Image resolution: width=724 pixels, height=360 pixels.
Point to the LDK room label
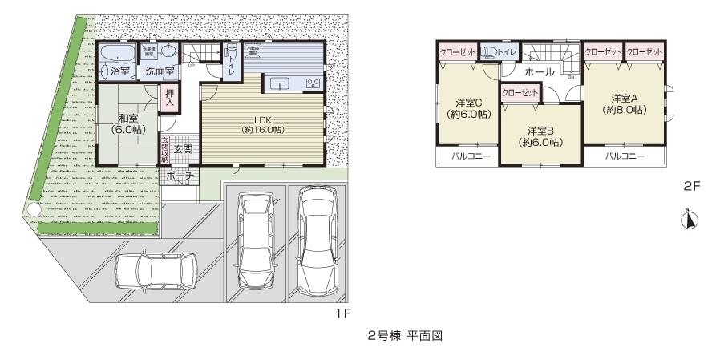[x=264, y=124]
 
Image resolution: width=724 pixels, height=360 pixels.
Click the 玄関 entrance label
[x=183, y=149]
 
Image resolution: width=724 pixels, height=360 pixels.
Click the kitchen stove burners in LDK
[x=312, y=83]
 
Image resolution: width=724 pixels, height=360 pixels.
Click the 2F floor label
[x=692, y=185]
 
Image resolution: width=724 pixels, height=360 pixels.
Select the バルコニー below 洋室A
[x=625, y=156]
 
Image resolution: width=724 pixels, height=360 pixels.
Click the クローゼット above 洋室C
[x=458, y=52]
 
